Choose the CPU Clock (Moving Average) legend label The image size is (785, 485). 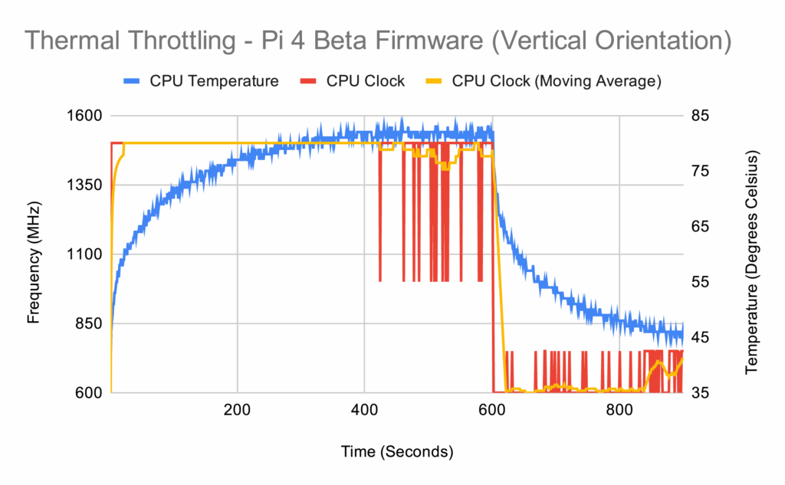click(x=556, y=81)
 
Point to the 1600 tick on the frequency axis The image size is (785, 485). click(x=85, y=116)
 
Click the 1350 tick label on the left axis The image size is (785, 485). click(x=85, y=185)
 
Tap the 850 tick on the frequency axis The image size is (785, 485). click(x=89, y=323)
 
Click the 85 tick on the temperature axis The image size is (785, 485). click(x=701, y=116)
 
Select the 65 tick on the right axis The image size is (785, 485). click(x=701, y=227)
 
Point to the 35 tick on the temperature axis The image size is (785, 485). click(x=701, y=392)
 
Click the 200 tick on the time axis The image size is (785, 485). click(x=238, y=409)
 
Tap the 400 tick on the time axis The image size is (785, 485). click(x=365, y=409)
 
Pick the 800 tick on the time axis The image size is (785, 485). click(x=619, y=409)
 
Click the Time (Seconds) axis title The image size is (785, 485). click(x=396, y=451)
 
